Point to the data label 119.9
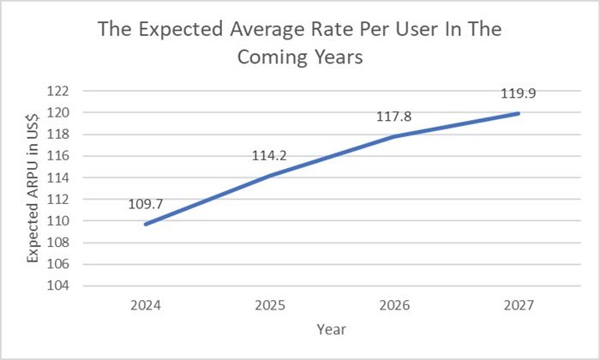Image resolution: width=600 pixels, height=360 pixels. (518, 93)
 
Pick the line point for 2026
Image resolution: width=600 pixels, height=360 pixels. (395, 136)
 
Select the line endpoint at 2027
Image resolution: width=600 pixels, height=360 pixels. (518, 113)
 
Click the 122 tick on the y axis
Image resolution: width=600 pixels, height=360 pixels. (69, 91)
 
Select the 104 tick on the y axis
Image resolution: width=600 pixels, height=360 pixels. (69, 285)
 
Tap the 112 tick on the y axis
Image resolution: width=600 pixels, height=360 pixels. (69, 199)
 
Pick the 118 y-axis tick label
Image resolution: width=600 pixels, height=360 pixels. (69, 134)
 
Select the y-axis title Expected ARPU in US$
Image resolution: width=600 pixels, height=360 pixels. (33, 189)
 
